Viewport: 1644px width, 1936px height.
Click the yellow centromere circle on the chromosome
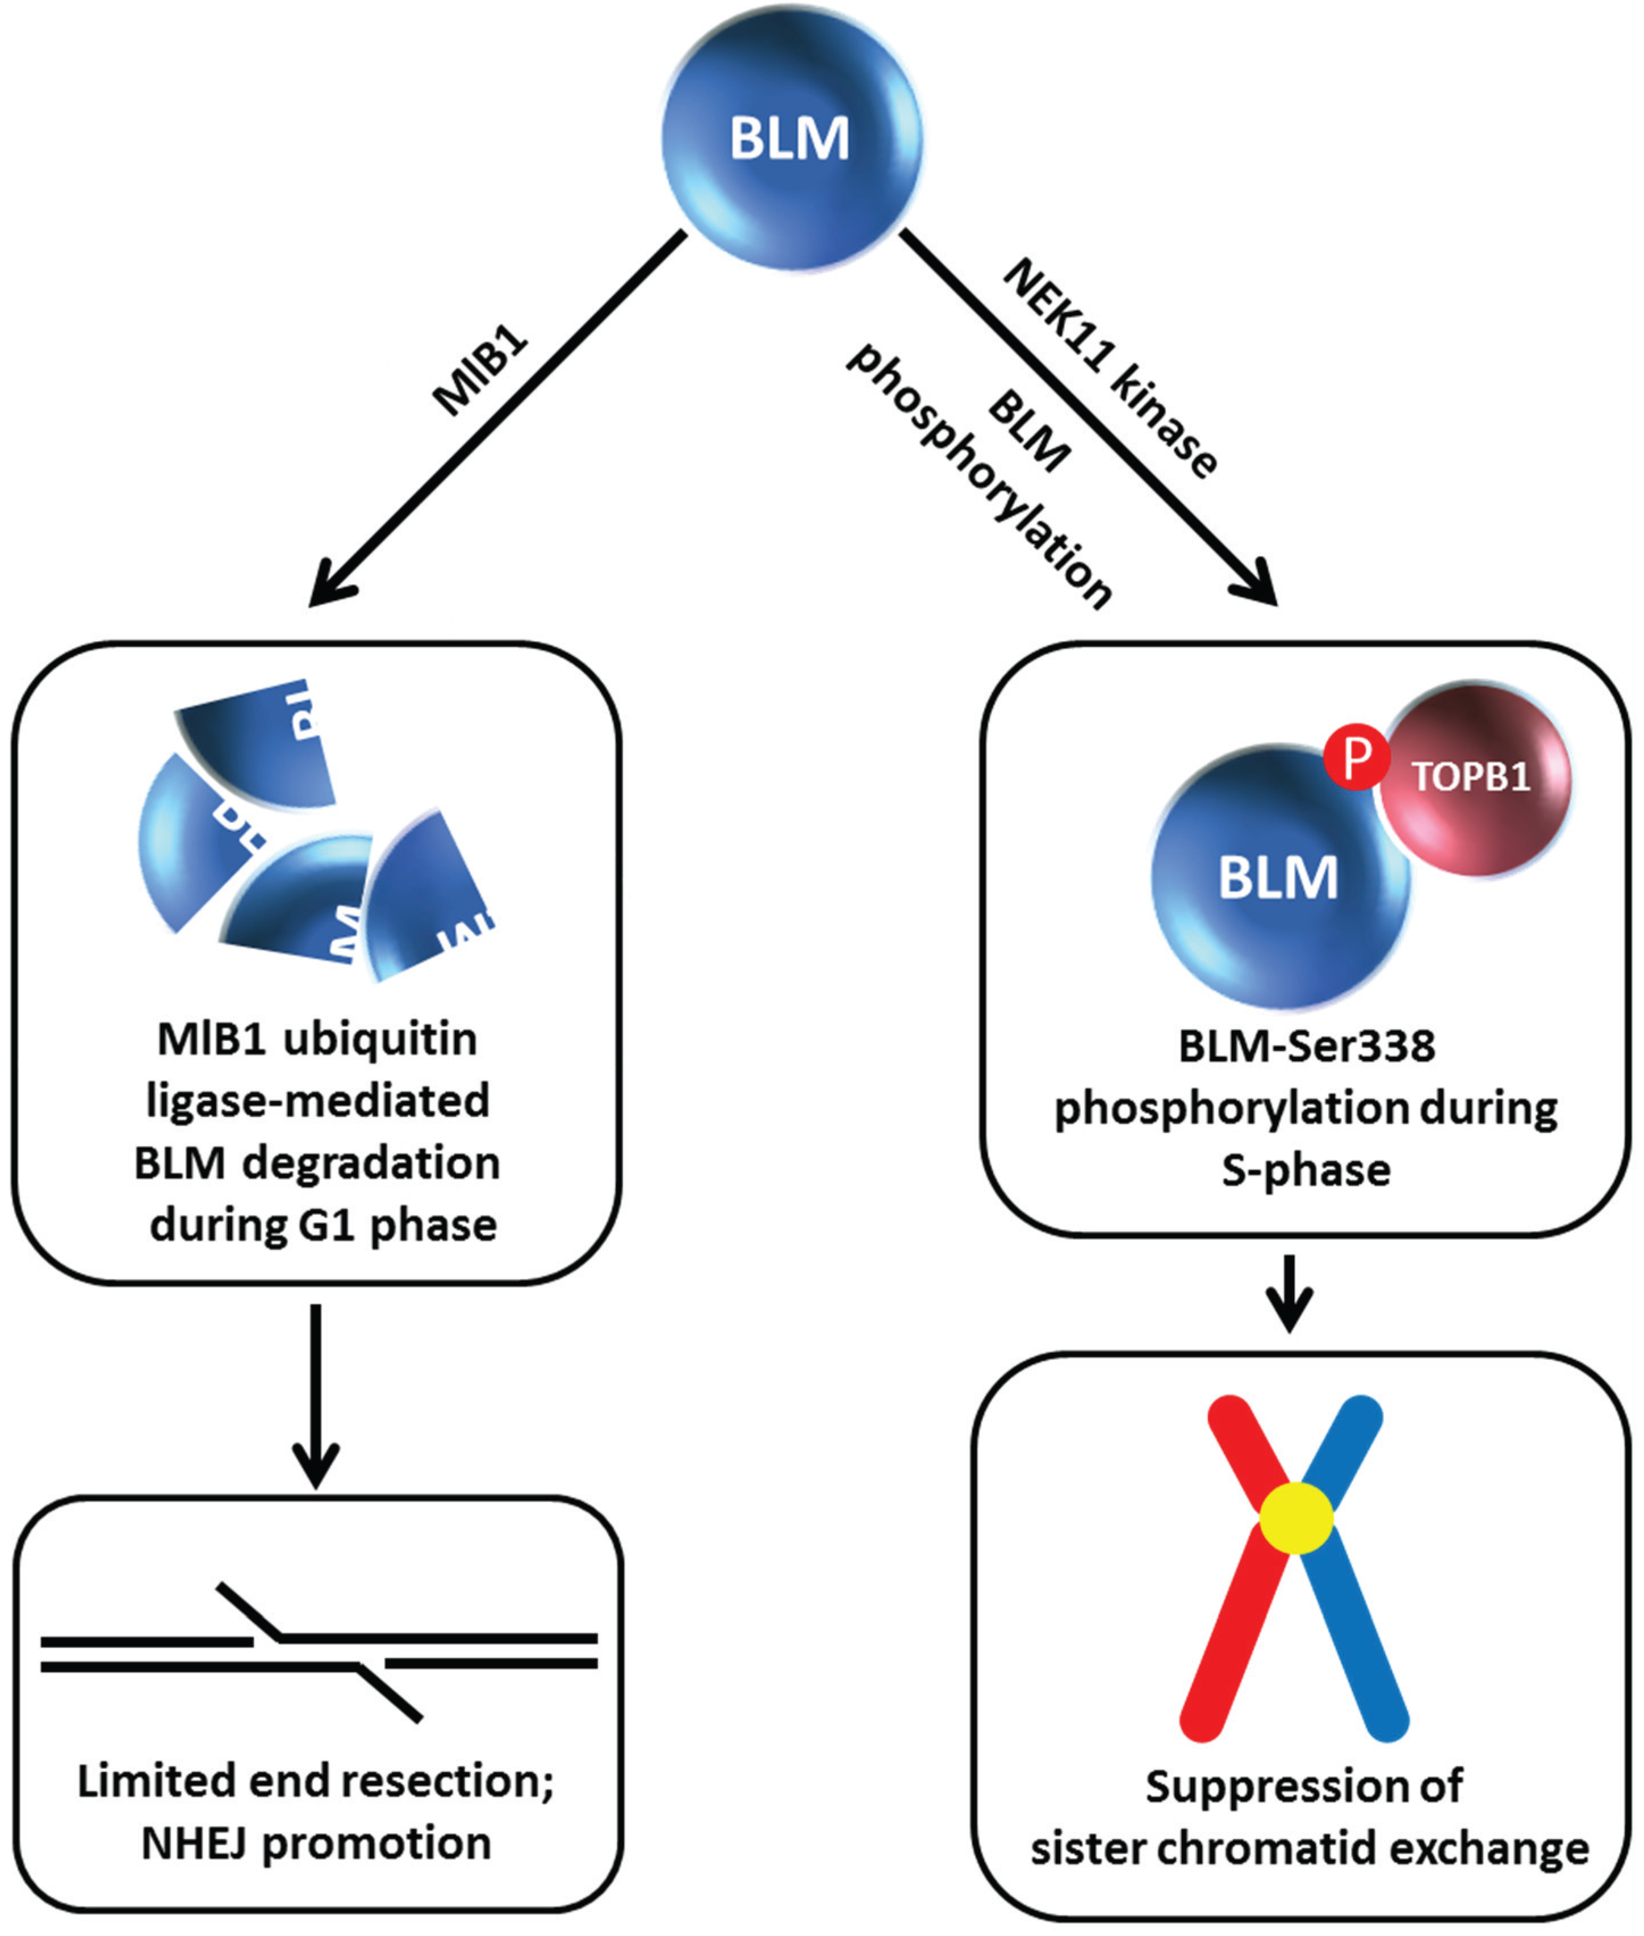click(x=1295, y=1519)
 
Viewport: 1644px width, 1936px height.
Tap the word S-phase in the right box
click(x=1306, y=1170)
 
